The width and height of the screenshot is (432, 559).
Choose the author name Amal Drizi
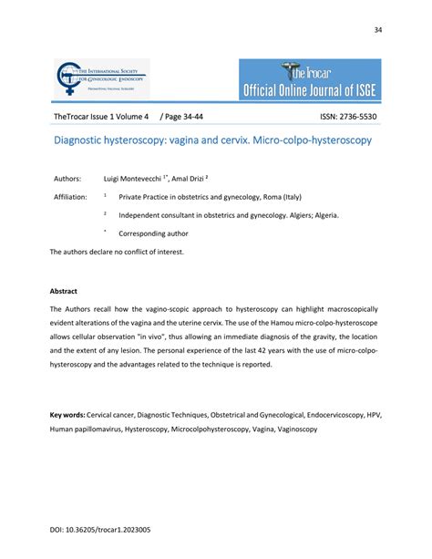point(211,179)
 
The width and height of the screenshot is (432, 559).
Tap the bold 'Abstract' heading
point(65,293)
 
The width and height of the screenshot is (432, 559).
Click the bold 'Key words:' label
point(69,414)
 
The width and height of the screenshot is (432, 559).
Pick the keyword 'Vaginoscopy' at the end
point(292,428)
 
